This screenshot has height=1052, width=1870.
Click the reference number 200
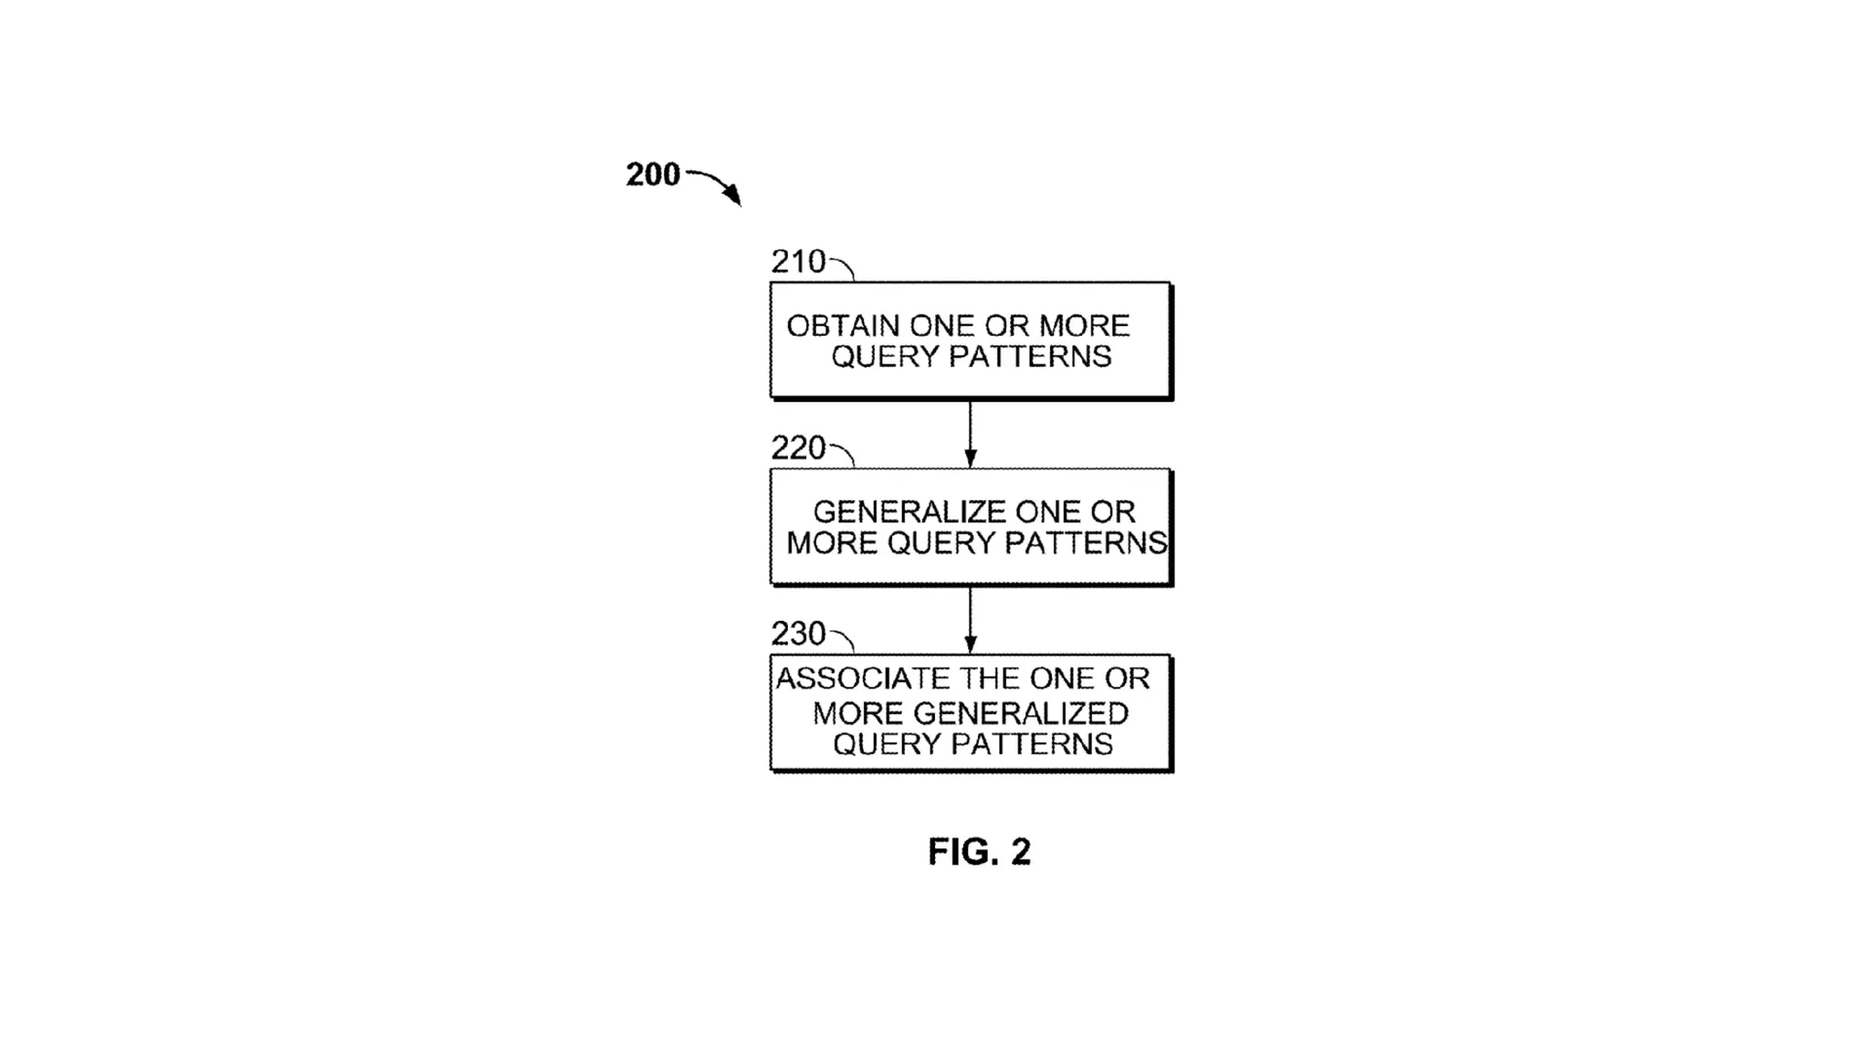pyautogui.click(x=652, y=174)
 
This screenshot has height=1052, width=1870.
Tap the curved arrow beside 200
pyautogui.click(x=717, y=184)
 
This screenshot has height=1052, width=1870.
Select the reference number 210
pyautogui.click(x=797, y=262)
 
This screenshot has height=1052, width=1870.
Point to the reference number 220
pyautogui.click(x=797, y=448)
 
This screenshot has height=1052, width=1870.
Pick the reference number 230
pyautogui.click(x=797, y=634)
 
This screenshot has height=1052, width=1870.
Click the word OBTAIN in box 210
pyautogui.click(x=843, y=326)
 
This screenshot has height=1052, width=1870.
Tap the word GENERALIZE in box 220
pyautogui.click(x=909, y=511)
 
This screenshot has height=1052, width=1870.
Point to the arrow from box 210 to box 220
pyautogui.click(x=970, y=434)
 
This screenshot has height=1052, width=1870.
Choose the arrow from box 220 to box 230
pyautogui.click(x=970, y=620)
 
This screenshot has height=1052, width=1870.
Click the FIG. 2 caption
pyautogui.click(x=979, y=852)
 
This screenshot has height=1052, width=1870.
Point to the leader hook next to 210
pyautogui.click(x=843, y=268)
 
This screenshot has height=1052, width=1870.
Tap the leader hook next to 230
pyautogui.click(x=843, y=639)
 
